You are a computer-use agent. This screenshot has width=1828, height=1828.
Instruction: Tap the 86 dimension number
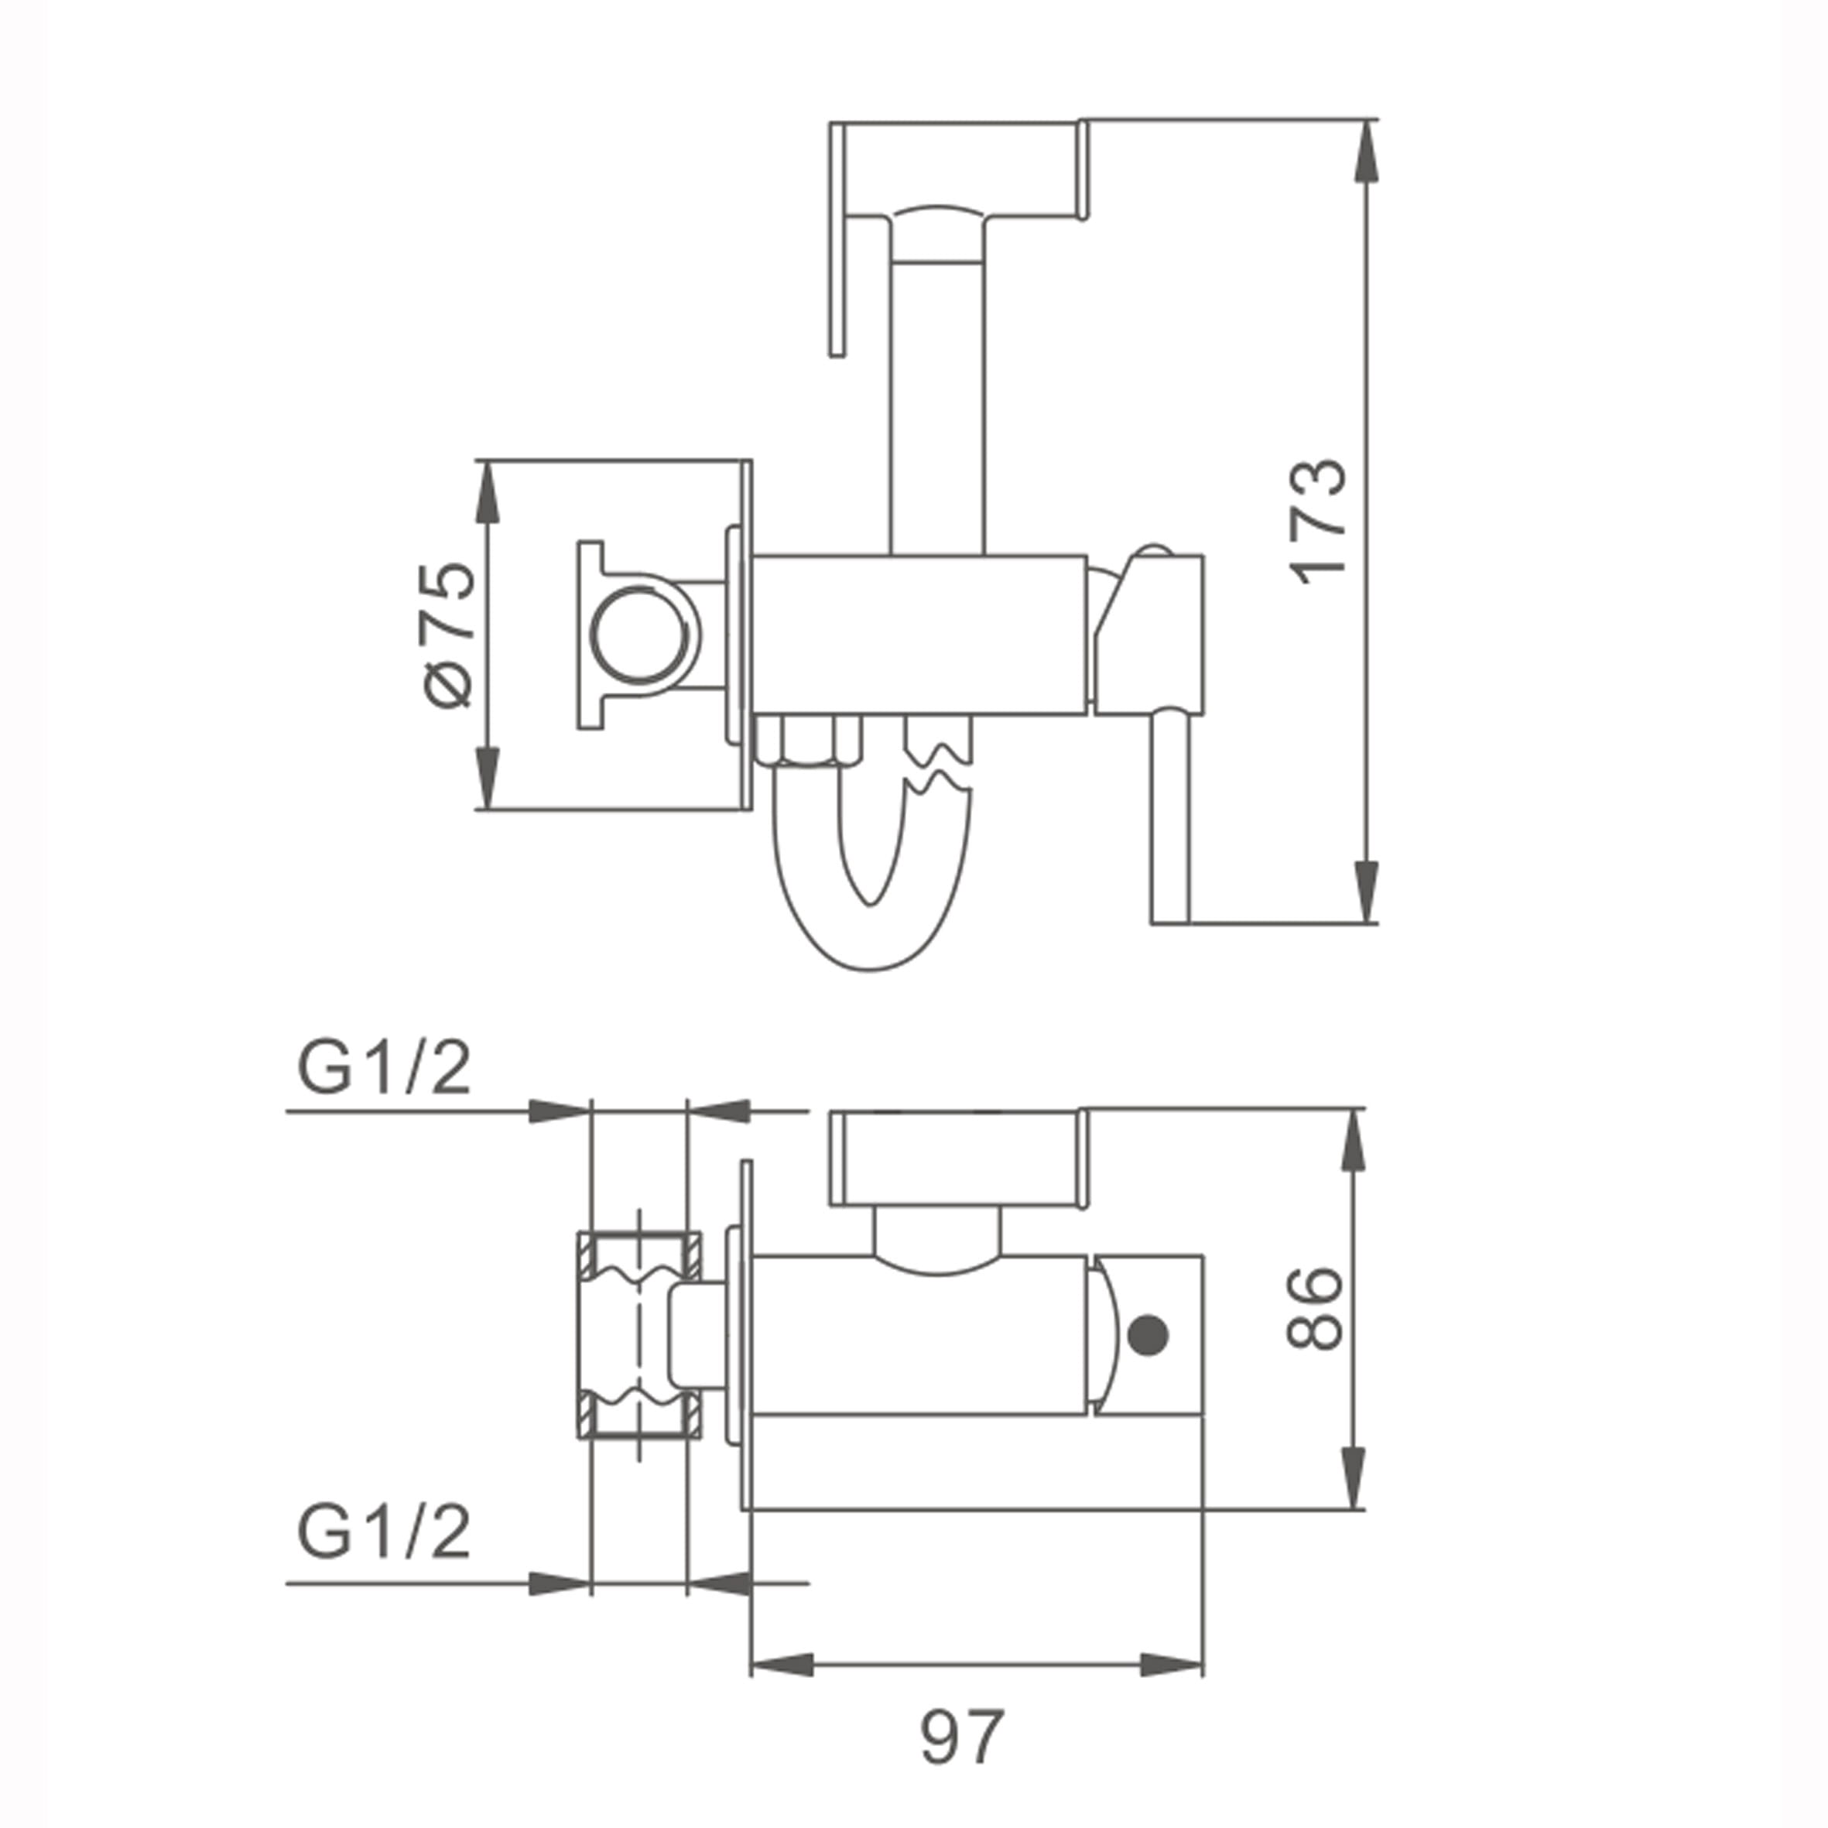1315,1309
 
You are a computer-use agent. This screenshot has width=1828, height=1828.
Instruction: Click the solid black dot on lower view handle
1149,1334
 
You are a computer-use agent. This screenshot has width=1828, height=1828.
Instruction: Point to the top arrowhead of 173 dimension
1366,152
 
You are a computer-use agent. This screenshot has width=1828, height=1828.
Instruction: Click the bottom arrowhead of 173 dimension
1366,890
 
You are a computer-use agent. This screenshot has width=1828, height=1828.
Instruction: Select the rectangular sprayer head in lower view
956,1160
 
